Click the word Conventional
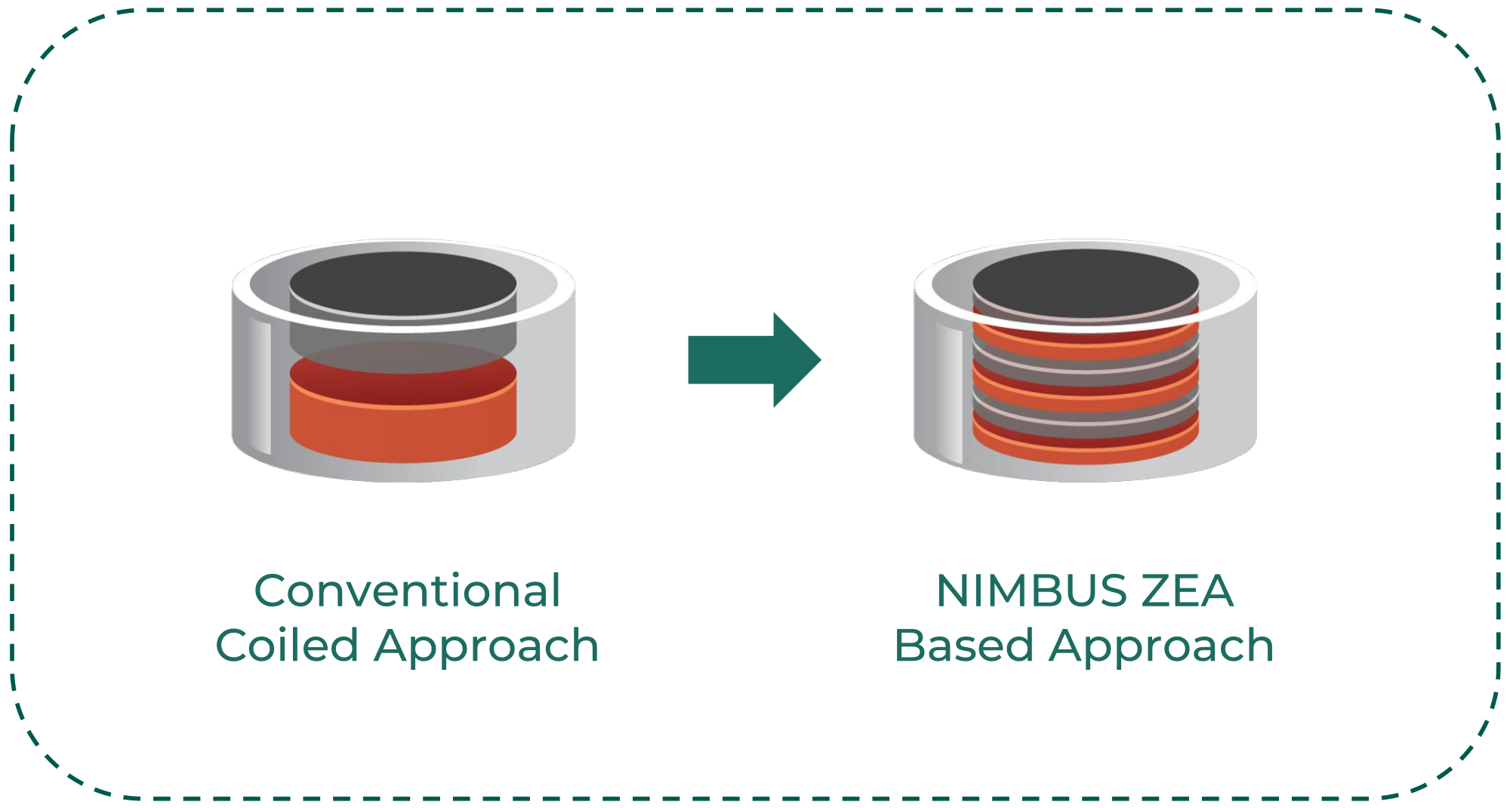point(407,591)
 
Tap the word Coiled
point(287,646)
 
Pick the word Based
point(963,646)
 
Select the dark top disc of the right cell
point(1085,282)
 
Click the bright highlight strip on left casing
point(260,385)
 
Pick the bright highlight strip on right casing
point(950,393)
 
